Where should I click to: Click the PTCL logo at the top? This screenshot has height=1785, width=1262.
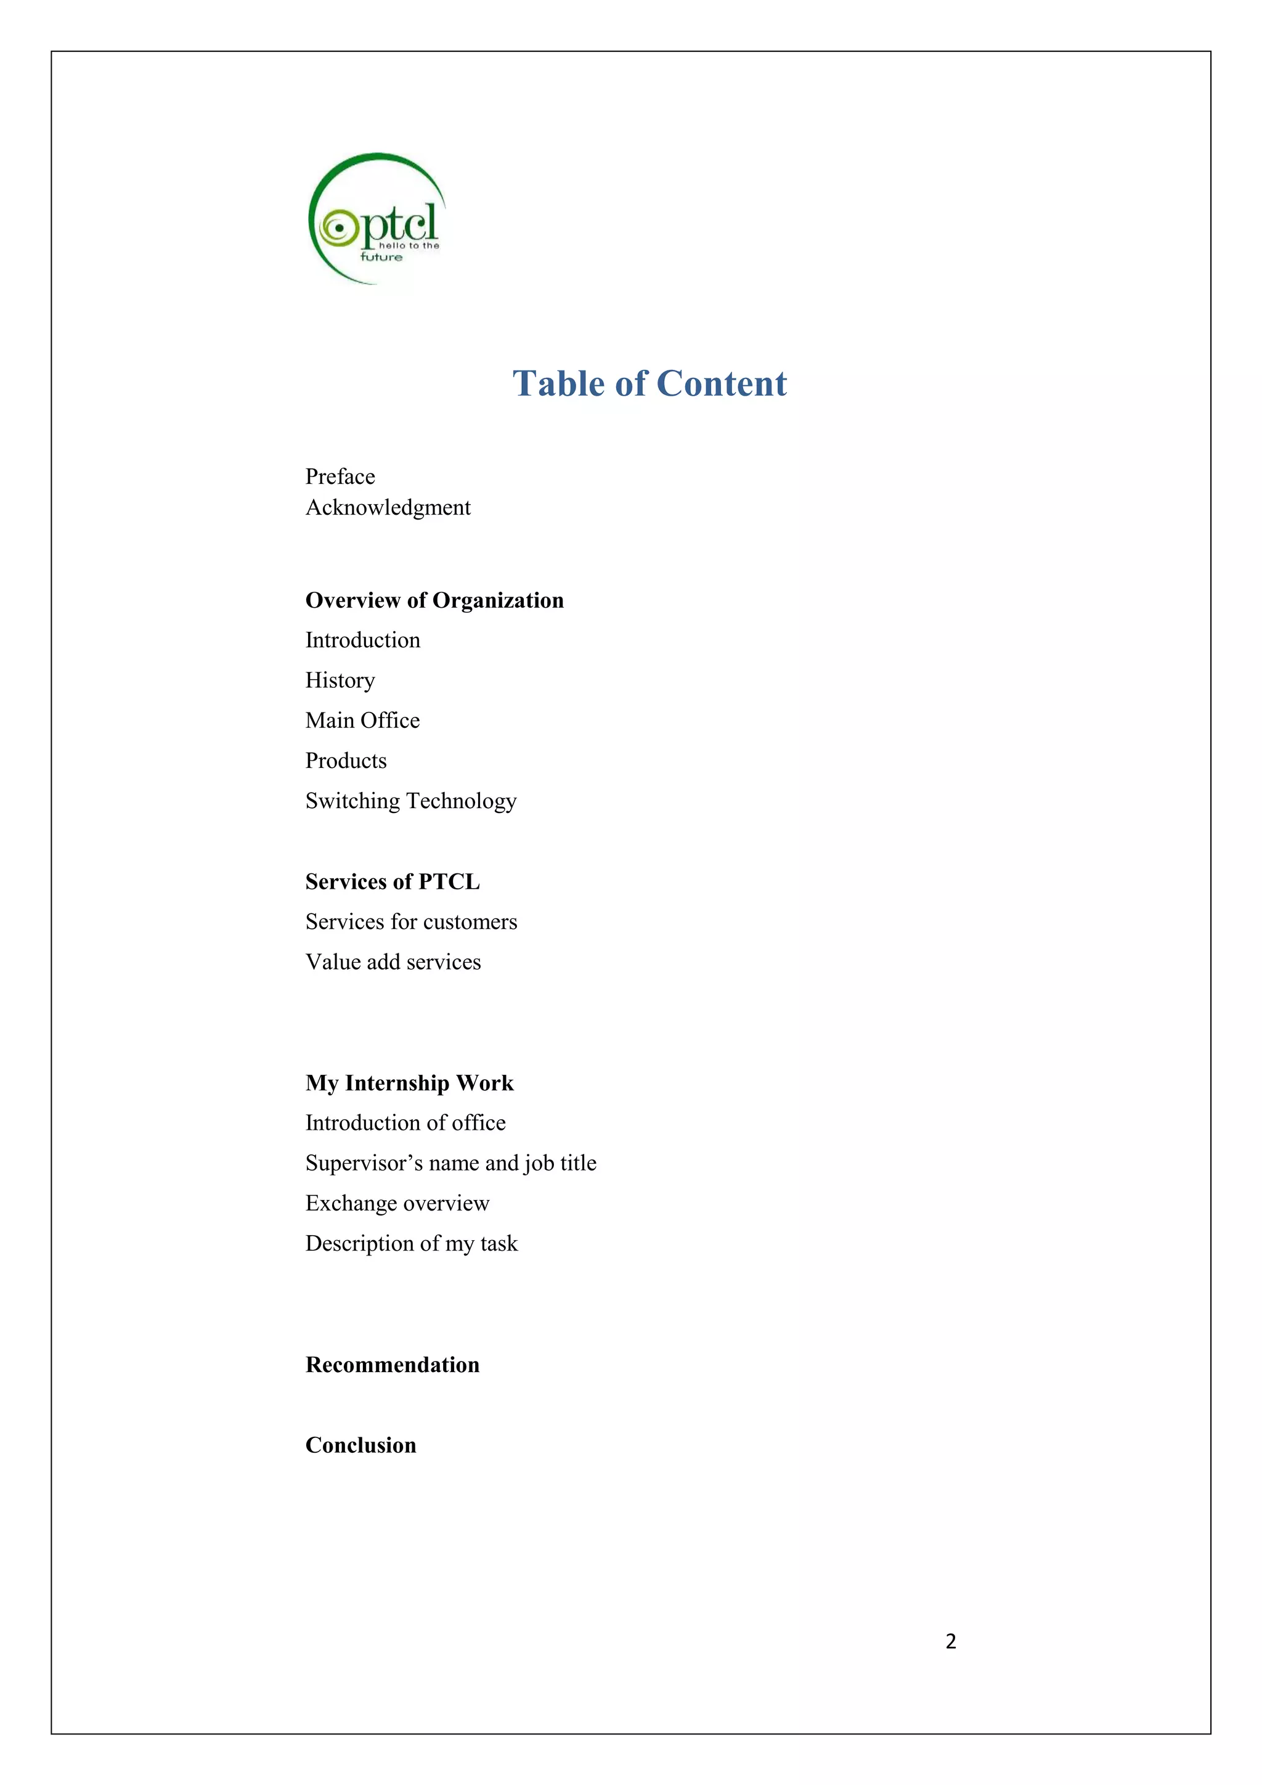click(377, 219)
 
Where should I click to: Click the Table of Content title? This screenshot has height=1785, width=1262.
click(649, 383)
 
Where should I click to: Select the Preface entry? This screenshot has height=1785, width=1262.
click(340, 476)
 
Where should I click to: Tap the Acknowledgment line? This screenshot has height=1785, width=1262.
click(388, 508)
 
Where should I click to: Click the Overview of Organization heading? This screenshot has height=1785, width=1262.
click(434, 600)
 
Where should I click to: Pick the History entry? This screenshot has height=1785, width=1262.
click(340, 680)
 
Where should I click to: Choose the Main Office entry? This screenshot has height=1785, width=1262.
click(362, 721)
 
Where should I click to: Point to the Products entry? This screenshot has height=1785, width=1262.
click(346, 761)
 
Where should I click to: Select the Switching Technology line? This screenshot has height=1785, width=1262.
click(410, 801)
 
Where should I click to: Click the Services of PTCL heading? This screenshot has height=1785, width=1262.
click(393, 881)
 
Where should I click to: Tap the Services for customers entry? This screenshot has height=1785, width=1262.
click(411, 922)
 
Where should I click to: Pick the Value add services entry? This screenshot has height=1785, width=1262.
click(393, 963)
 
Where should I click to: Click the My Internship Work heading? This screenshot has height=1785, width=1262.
click(410, 1083)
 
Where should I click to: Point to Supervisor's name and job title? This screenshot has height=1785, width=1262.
click(450, 1163)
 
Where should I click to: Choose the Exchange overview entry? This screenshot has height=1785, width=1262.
click(397, 1204)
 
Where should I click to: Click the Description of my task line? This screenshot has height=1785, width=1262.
click(411, 1244)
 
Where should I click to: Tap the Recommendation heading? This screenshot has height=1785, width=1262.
click(393, 1365)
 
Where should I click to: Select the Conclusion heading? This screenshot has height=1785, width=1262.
click(360, 1445)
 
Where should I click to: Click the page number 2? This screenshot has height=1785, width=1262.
click(950, 1641)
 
